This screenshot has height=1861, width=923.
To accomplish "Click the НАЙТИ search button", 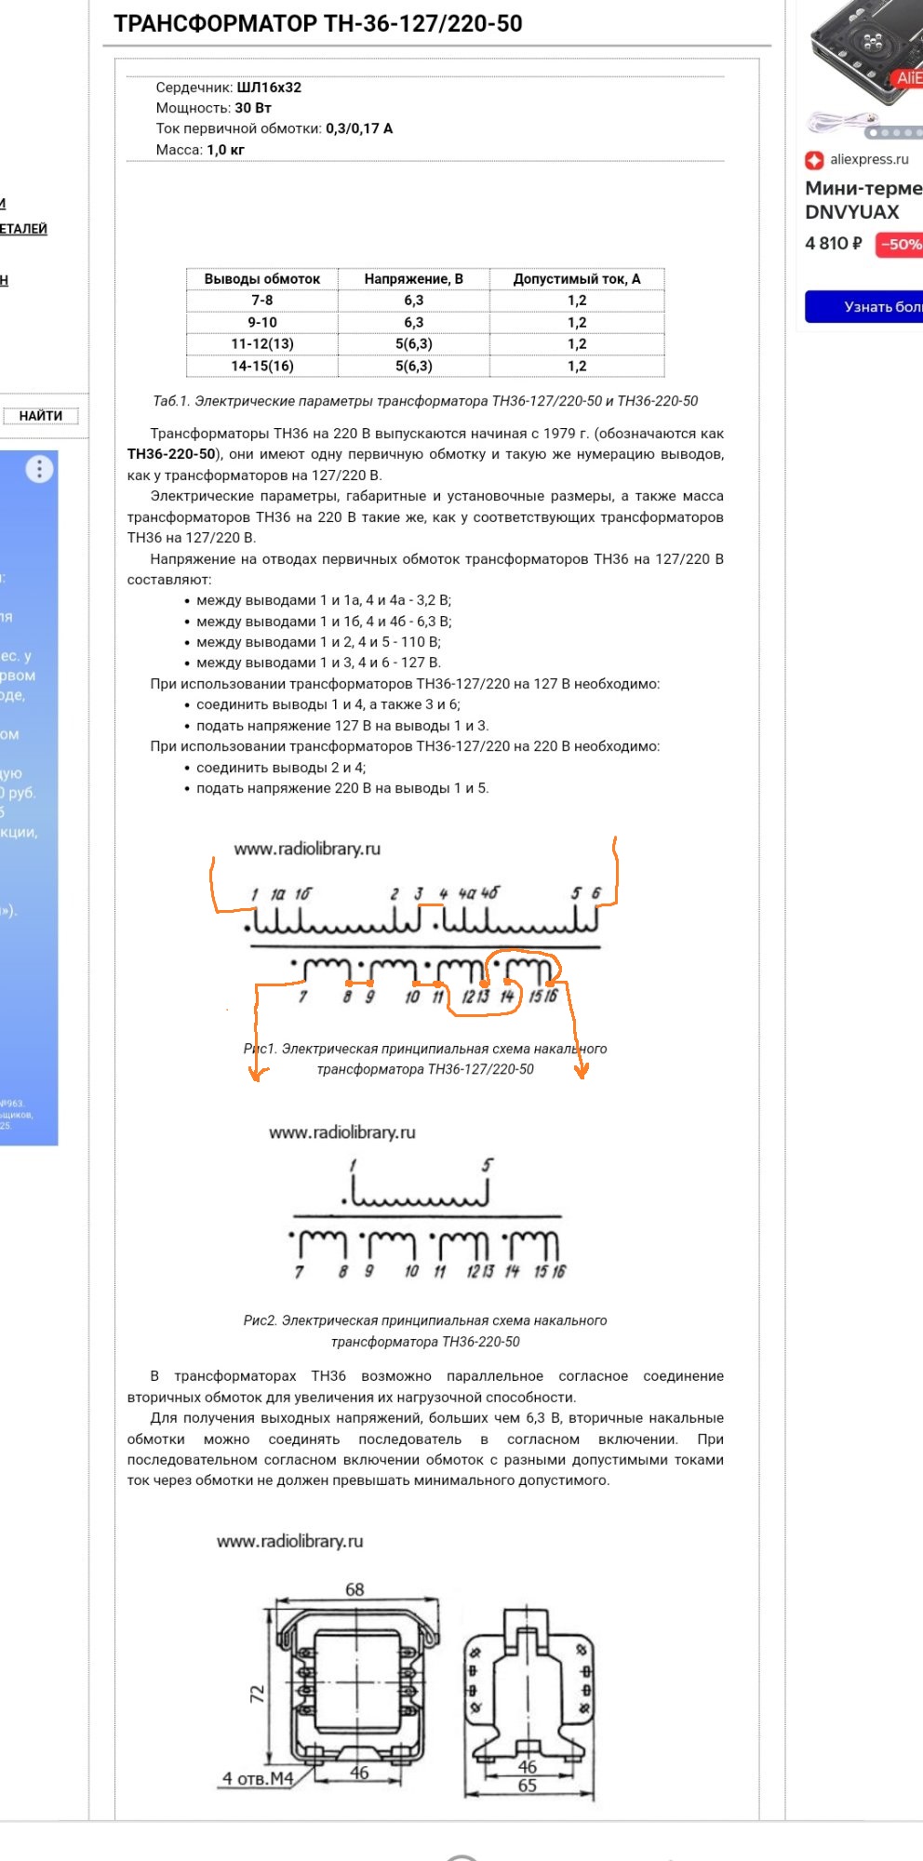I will [41, 416].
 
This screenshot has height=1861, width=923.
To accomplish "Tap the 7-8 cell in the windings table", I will [261, 301].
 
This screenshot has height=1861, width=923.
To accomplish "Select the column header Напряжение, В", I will [413, 279].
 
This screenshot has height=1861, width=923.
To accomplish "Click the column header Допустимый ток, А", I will [577, 279].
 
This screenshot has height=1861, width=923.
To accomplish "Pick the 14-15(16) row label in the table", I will [261, 366].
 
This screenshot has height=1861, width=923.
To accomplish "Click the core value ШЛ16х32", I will [269, 87].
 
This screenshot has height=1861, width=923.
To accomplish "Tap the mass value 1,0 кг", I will [225, 150].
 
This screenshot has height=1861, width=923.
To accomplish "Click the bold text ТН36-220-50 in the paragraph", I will [171, 454].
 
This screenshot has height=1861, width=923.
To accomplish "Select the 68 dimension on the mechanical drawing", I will [354, 1589].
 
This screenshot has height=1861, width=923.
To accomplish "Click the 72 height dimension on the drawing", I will [258, 1694].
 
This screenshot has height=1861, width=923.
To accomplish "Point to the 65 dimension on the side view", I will [528, 1786].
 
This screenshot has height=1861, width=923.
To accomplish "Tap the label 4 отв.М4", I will [258, 1778].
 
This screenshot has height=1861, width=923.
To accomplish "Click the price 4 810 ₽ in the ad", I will [834, 244].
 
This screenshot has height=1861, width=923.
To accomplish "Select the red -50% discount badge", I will [900, 245].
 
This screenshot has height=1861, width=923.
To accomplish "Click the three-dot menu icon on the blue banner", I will [39, 469].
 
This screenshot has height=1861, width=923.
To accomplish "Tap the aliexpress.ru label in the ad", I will [869, 159].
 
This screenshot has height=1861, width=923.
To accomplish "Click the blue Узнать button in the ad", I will [865, 306].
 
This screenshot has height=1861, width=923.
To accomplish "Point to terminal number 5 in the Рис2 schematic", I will [487, 1165].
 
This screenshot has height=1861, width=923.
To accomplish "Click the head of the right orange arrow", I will [582, 1071].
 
